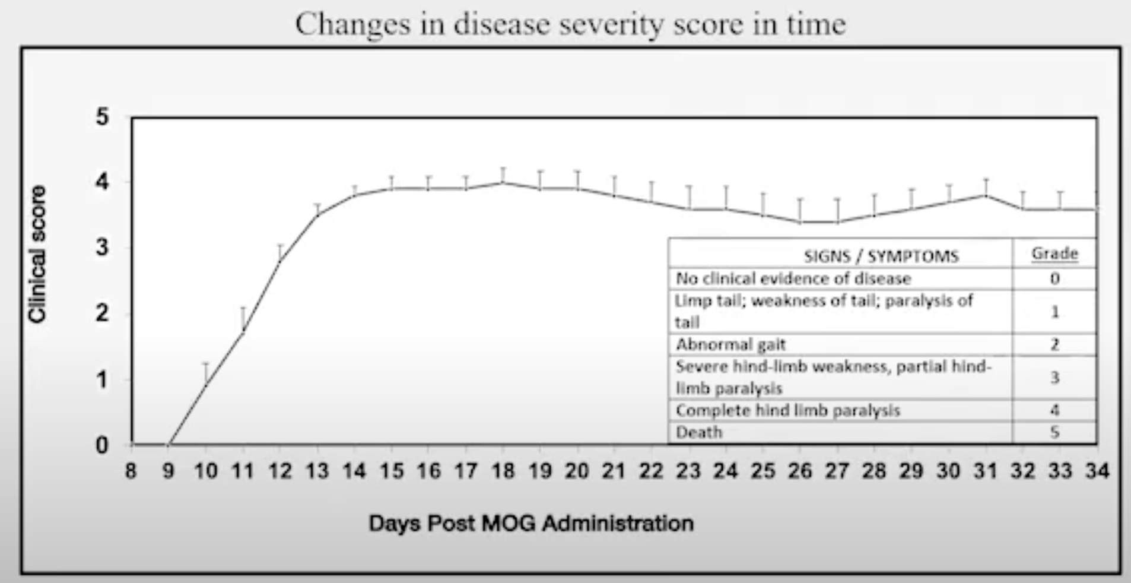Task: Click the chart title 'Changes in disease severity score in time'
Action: (x=570, y=24)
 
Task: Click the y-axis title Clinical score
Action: (x=37, y=254)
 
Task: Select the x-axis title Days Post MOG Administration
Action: (x=531, y=524)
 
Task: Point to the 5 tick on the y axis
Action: (x=103, y=117)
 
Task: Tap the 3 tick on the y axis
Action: (x=103, y=248)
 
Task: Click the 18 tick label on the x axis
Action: (x=503, y=471)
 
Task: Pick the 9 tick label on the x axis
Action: (x=169, y=471)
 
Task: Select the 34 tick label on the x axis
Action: (x=1097, y=471)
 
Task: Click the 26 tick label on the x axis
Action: (x=800, y=471)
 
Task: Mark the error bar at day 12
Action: (x=280, y=252)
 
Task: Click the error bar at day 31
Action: (x=986, y=187)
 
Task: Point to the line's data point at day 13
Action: (x=317, y=215)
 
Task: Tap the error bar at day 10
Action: (x=206, y=373)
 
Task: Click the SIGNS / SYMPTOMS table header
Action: (x=881, y=256)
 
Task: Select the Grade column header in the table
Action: (x=1054, y=254)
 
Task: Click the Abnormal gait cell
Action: (x=730, y=345)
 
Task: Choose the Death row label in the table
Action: (x=699, y=432)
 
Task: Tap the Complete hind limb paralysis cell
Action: (x=787, y=411)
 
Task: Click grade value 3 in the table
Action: (x=1054, y=378)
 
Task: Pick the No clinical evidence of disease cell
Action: (x=793, y=279)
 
